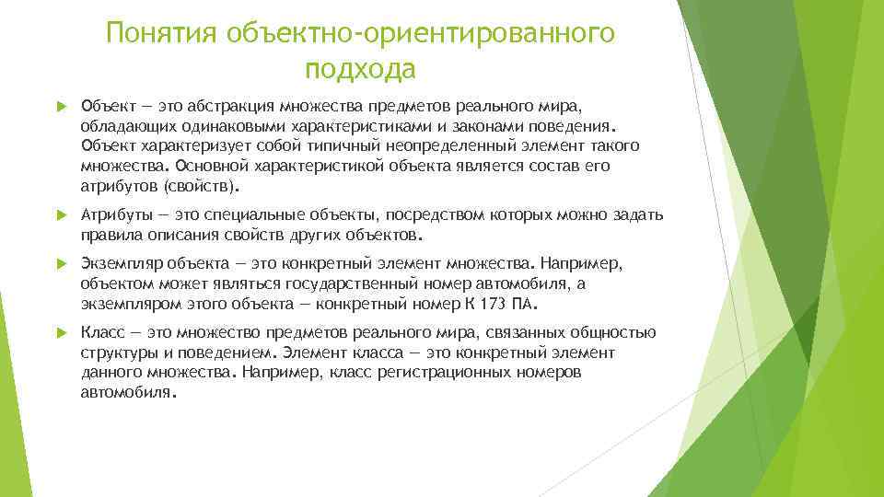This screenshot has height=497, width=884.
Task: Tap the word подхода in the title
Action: point(360,69)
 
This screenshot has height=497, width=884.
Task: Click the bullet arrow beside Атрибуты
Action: point(62,215)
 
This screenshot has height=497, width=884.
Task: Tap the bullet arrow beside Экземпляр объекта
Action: point(62,264)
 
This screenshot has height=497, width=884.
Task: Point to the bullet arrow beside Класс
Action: point(62,332)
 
